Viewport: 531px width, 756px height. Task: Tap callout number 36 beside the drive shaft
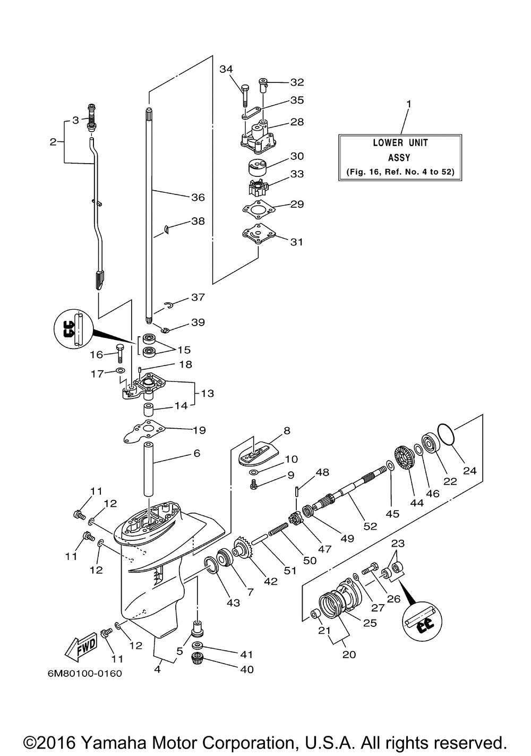pos(198,198)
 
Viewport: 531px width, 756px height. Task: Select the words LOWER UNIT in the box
pos(400,143)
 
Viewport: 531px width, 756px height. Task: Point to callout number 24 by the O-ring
pos(469,471)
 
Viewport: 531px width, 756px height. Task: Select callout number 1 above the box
pos(409,104)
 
